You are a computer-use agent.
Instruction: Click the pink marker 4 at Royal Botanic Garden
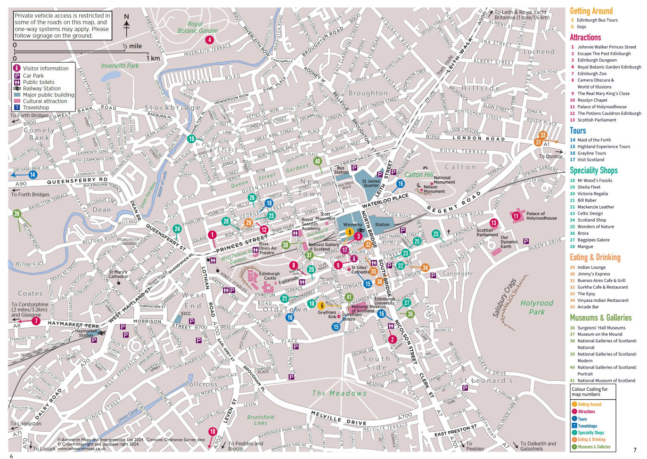coord(210,40)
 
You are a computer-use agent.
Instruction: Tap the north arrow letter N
coord(126,17)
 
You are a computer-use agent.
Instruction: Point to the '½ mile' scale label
coord(132,46)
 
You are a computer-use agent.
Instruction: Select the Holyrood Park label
coord(537,307)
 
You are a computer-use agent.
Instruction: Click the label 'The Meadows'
coord(339,393)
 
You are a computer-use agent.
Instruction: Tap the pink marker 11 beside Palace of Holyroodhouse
coord(516,216)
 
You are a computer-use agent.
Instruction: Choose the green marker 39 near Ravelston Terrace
coord(17,214)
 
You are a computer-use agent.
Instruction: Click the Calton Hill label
coord(418,175)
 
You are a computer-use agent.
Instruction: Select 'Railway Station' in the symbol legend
coord(41,89)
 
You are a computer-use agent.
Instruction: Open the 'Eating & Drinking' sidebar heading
coord(595,258)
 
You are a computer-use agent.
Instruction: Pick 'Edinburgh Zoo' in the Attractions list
coord(592,73)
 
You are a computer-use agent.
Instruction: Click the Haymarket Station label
coord(86,333)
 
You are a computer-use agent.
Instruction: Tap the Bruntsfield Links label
coord(260,420)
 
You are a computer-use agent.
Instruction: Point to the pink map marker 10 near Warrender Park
coord(213,431)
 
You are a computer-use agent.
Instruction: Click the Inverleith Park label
coord(120,66)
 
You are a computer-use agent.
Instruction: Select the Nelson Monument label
coord(434,189)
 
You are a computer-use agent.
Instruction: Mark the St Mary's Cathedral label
coord(118,274)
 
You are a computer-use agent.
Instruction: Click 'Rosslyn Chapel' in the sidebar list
coord(592,100)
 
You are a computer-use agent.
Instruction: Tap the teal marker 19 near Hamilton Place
coord(191,139)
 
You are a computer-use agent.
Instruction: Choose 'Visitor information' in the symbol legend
coord(45,68)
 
